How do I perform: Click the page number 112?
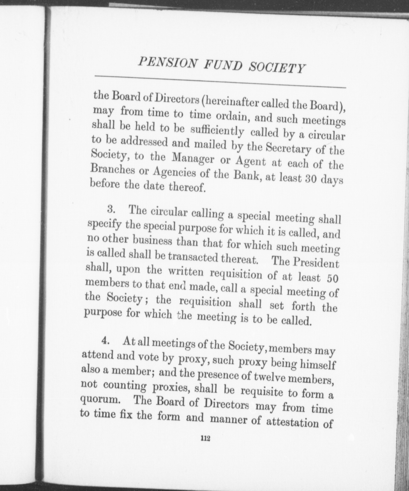click(205, 438)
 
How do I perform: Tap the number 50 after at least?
click(333, 278)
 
